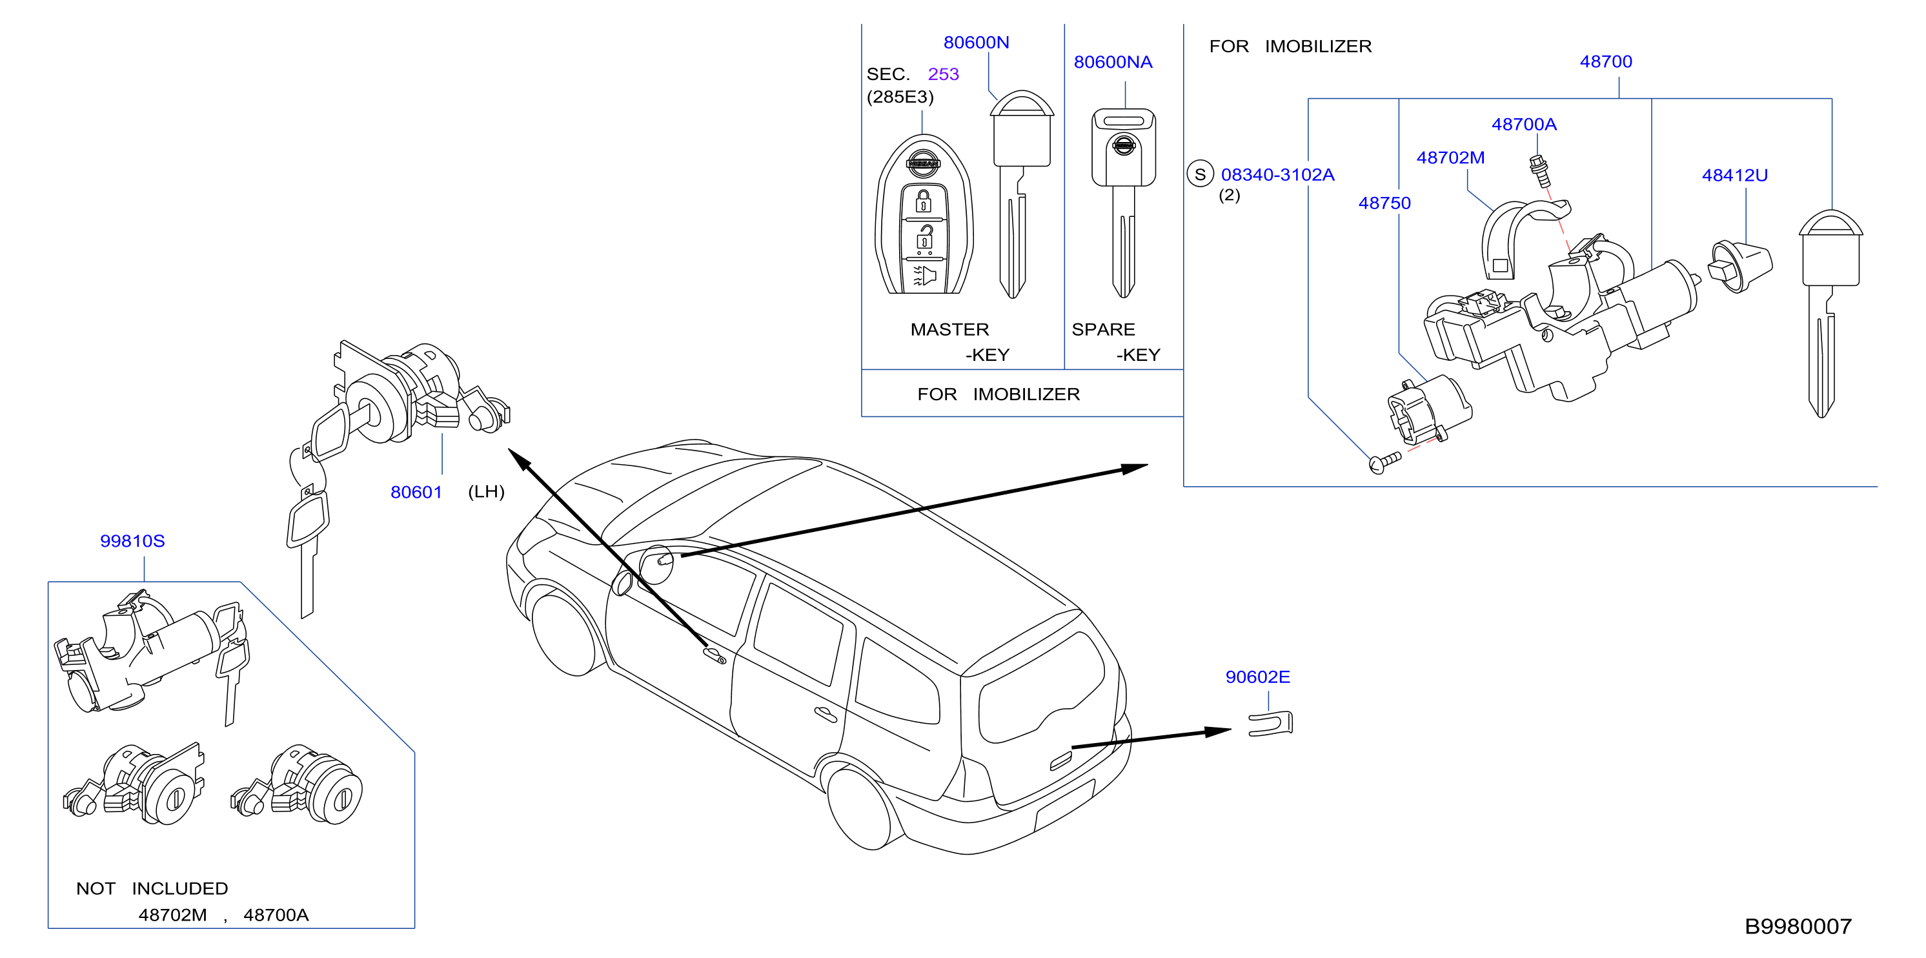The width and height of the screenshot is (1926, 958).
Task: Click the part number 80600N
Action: point(976,43)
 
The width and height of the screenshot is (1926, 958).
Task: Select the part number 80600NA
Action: point(1113,62)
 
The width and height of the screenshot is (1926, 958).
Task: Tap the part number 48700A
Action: point(1524,124)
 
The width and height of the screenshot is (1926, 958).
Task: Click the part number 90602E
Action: point(1257,677)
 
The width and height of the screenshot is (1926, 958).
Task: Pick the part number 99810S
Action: point(132,541)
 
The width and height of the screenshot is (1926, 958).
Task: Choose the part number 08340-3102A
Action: point(1277,174)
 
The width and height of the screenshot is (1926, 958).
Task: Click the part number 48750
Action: point(1384,203)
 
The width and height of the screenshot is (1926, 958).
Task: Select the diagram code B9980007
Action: point(1798,926)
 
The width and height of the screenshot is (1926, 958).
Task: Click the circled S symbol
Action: point(1200,174)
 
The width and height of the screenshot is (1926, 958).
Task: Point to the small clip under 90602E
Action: point(1270,724)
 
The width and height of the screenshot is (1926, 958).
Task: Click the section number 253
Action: point(943,74)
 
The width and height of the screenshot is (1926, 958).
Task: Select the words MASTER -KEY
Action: point(960,341)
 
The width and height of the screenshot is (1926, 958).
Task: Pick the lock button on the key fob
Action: point(924,201)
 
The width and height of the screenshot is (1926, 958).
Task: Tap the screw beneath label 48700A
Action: point(1539,171)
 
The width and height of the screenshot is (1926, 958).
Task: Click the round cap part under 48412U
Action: point(1740,266)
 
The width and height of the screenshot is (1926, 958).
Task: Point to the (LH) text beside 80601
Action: point(486,491)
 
